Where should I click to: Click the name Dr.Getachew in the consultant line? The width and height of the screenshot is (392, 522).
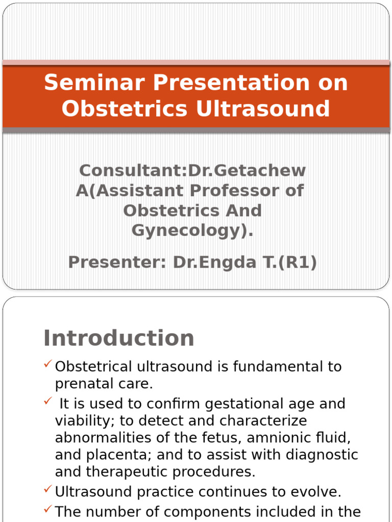(247, 170)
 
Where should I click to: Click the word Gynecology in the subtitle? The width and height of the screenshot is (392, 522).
(189, 231)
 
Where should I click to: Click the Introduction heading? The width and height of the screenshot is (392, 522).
(119, 338)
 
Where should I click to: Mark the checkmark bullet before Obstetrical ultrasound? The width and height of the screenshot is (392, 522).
(47, 364)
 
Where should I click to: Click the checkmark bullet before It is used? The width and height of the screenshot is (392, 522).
(47, 401)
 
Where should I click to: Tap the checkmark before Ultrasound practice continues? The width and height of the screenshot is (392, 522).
(47, 490)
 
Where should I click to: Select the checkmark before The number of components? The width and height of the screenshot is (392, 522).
(47, 509)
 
